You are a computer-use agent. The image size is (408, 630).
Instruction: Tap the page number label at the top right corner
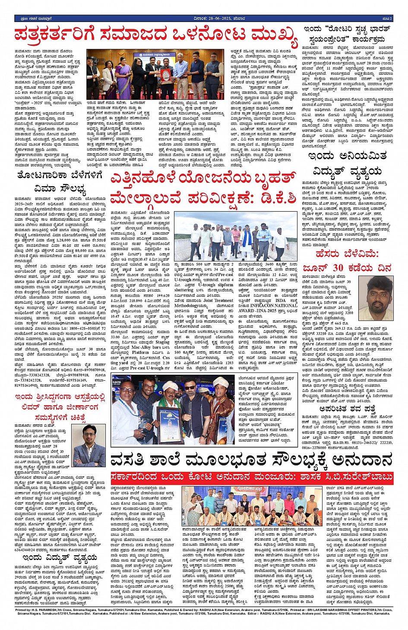387,19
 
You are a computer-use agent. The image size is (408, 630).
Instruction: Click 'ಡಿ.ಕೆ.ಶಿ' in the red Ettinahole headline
274,197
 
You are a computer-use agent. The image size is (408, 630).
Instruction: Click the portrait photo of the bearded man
375,298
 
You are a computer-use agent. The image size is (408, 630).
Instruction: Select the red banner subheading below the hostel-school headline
251,477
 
